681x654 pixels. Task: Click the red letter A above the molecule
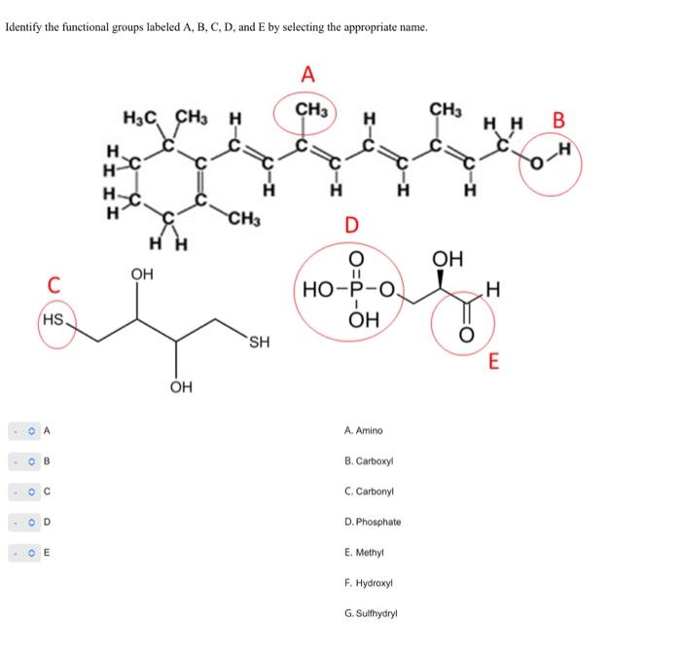(x=308, y=74)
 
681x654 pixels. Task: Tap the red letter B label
(x=558, y=122)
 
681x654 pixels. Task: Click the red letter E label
(x=493, y=363)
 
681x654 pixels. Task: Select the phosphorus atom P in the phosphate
(x=355, y=289)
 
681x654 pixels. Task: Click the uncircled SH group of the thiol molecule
(x=259, y=342)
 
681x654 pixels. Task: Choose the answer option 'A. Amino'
(x=364, y=430)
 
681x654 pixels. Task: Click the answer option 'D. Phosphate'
(x=372, y=523)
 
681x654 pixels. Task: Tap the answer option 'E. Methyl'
(x=364, y=553)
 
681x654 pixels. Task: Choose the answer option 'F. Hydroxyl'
(x=367, y=584)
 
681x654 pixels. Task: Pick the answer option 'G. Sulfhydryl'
(x=371, y=615)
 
